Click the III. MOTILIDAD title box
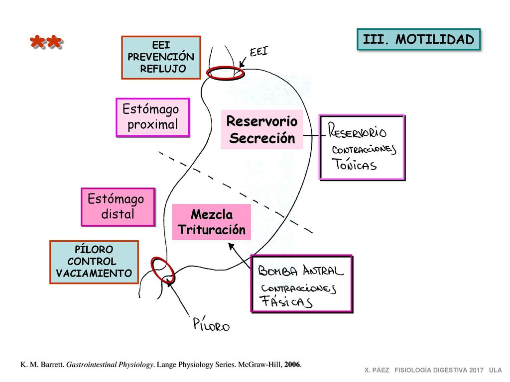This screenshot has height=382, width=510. tap(418, 39)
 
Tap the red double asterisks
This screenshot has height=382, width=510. tap(46, 42)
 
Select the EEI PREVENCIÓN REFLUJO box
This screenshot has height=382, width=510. tap(161, 58)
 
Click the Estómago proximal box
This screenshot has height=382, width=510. tap(152, 117)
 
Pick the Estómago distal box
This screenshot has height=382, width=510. tap(118, 206)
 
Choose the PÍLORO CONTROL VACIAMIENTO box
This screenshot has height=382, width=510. tap(94, 262)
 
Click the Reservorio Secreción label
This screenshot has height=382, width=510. tap(262, 129)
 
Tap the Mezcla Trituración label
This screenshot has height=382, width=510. tap(211, 222)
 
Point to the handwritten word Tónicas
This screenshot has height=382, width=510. tap(354, 164)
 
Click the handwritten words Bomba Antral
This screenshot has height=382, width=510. tap(300, 270)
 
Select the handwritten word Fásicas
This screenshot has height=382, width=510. tap(286, 301)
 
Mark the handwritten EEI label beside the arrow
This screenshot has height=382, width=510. tap(259, 52)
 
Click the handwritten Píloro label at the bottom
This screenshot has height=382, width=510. tap(211, 324)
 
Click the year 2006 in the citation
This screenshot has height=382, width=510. tap(292, 365)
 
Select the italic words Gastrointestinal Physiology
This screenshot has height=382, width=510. tap(110, 365)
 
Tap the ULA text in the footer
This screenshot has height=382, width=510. tap(496, 370)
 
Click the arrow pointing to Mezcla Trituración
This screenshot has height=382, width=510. tap(240, 256)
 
